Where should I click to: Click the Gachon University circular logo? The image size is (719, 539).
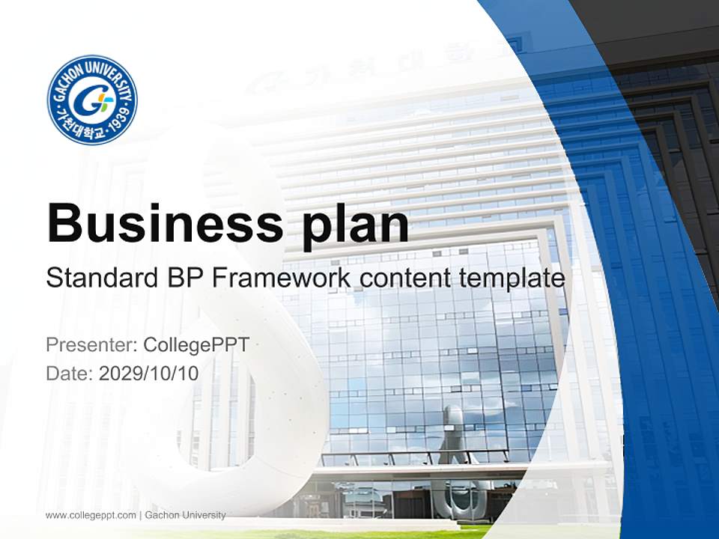pyautogui.click(x=92, y=100)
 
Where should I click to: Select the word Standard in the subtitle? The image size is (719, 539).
pyautogui.click(x=100, y=278)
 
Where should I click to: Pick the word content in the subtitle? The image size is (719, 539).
pyautogui.click(x=401, y=278)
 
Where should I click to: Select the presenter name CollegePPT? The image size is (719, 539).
pyautogui.click(x=195, y=345)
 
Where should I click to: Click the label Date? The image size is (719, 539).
pyautogui.click(x=70, y=374)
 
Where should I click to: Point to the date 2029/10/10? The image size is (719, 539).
pyautogui.click(x=149, y=374)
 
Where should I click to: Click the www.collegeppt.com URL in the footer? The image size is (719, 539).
pyautogui.click(x=91, y=515)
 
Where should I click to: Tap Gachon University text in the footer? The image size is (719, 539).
pyautogui.click(x=185, y=515)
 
